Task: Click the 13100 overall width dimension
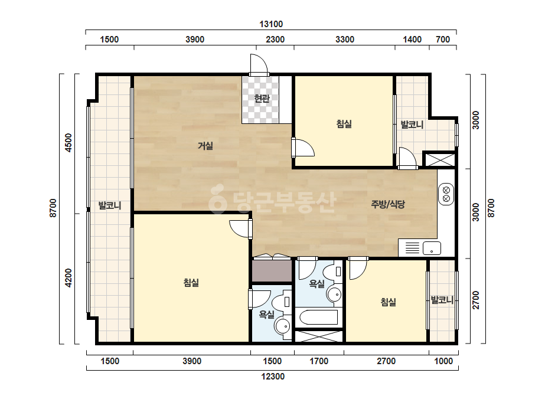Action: [x=271, y=24]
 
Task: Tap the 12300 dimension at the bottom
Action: [x=273, y=377]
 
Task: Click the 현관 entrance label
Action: [x=262, y=99]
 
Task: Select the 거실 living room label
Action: [x=205, y=146]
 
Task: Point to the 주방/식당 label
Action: [x=388, y=204]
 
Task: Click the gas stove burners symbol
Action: [x=446, y=194]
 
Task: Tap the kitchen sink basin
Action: [x=432, y=248]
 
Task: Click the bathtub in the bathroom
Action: [x=318, y=317]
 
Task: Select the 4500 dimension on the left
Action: [x=68, y=142]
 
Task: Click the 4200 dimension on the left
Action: [x=68, y=277]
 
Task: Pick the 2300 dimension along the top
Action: [x=275, y=40]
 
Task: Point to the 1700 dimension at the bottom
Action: [x=319, y=361]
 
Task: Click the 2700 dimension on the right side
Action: [x=476, y=300]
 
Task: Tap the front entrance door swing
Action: [x=259, y=66]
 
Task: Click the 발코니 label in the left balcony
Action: [x=110, y=205]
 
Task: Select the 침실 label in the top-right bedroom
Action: [x=344, y=124]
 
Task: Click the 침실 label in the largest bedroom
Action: [x=191, y=283]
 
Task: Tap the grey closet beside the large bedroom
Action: [x=272, y=271]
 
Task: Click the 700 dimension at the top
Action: [x=443, y=40]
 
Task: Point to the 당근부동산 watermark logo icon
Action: [x=218, y=199]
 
